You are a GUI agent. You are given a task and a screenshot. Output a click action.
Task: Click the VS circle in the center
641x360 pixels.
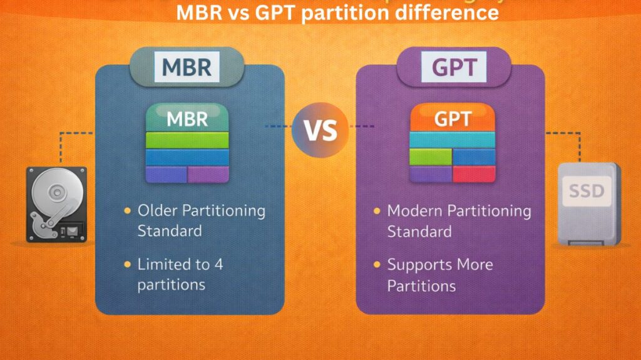[320, 130]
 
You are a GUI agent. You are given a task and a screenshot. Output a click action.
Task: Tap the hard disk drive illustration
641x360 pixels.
[56, 203]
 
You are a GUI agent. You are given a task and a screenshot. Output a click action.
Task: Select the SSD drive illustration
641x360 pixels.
[588, 203]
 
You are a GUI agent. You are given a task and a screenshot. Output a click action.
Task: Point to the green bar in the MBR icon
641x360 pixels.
[187, 140]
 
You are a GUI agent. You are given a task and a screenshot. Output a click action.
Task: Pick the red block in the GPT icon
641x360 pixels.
[474, 173]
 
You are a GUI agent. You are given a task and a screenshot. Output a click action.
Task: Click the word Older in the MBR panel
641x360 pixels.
[160, 210]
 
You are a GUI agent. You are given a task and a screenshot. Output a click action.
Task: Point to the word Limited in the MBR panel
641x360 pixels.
[165, 264]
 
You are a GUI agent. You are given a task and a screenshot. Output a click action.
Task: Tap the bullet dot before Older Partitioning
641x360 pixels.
[128, 211]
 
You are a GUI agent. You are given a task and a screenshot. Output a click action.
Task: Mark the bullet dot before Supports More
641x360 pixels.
[377, 265]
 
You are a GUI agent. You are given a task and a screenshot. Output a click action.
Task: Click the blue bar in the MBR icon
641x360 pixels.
[187, 157]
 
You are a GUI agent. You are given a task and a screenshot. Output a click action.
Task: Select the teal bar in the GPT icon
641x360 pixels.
[452, 140]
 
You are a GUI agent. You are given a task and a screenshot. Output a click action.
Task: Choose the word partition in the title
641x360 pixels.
[344, 13]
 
